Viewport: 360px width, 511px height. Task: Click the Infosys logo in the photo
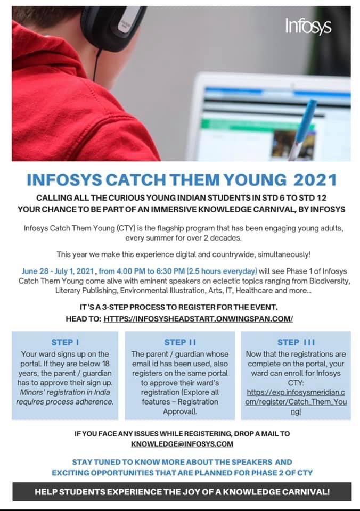pos(308,26)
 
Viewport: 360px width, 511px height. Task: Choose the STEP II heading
pos(180,342)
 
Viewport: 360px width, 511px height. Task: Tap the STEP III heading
pos(296,342)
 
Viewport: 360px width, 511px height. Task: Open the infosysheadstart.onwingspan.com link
pos(198,319)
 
